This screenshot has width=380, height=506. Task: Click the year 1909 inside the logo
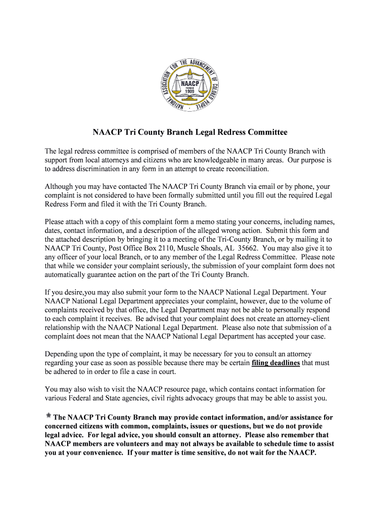coord(190,91)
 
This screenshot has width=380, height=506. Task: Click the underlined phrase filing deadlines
coord(275,363)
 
